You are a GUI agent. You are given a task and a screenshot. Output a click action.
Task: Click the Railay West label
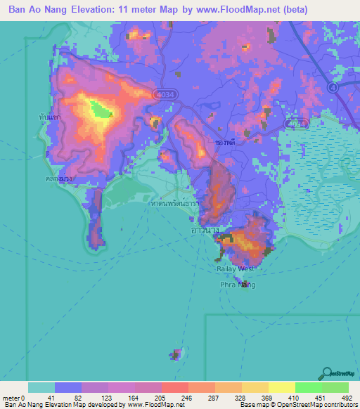click(236, 268)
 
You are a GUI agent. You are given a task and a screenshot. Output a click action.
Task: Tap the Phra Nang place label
click(236, 285)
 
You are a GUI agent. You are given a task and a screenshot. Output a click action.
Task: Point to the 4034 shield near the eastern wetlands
click(296, 122)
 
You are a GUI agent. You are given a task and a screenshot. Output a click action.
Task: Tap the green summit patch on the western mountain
click(101, 109)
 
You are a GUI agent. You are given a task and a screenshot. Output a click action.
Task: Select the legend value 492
click(347, 398)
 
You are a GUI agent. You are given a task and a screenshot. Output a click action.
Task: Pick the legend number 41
click(51, 398)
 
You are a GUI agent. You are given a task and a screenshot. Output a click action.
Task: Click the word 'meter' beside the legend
click(12, 398)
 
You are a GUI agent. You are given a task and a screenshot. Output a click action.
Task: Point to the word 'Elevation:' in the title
click(104, 10)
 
